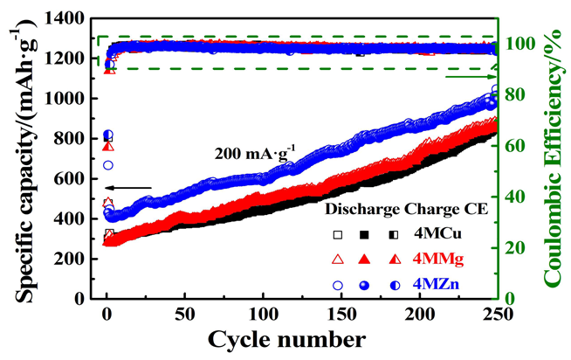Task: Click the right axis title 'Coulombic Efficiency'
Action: click(554, 161)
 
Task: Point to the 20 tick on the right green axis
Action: click(515, 248)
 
